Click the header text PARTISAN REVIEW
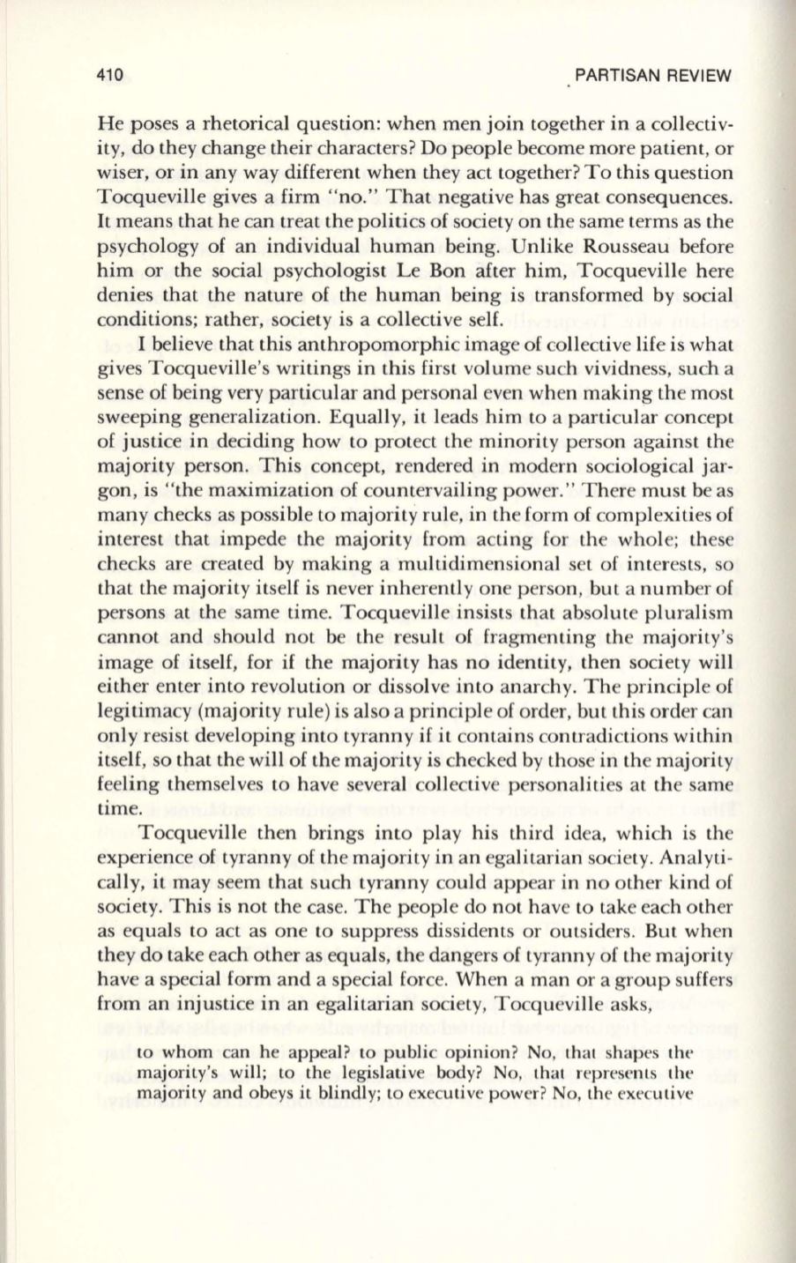coord(653,76)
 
